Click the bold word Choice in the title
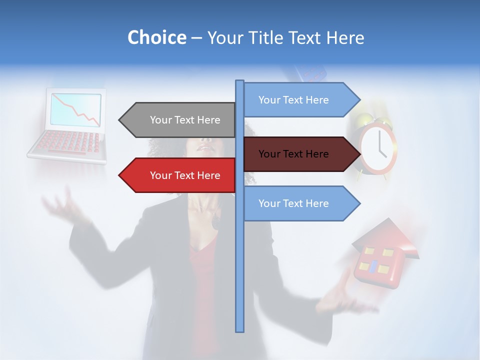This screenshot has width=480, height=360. coord(156,37)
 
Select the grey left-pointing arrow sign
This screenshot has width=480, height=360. coord(180,120)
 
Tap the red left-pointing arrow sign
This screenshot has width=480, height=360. coord(180,175)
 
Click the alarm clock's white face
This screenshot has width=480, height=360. coord(378,149)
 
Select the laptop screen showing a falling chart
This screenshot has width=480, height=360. coord(75,109)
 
